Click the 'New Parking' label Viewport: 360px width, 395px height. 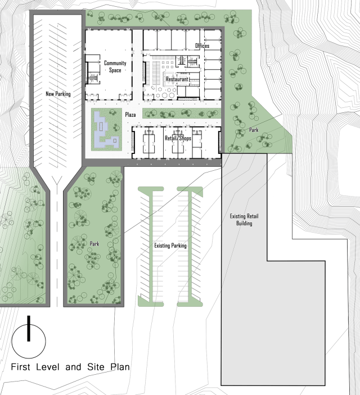coord(58,94)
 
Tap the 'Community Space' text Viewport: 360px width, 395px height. coord(115,66)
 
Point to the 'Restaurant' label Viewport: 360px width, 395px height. coord(177,79)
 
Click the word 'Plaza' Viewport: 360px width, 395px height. coord(131,115)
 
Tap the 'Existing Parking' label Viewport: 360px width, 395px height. coord(170,246)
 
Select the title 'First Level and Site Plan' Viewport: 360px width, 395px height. coord(71,367)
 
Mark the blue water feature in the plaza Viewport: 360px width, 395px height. coord(106,130)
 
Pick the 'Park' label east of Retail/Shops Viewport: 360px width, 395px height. coord(254,130)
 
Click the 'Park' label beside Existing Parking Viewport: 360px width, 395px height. coord(94,244)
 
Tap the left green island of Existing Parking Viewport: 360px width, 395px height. coord(150,246)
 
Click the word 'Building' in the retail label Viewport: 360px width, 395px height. coord(244,223)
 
